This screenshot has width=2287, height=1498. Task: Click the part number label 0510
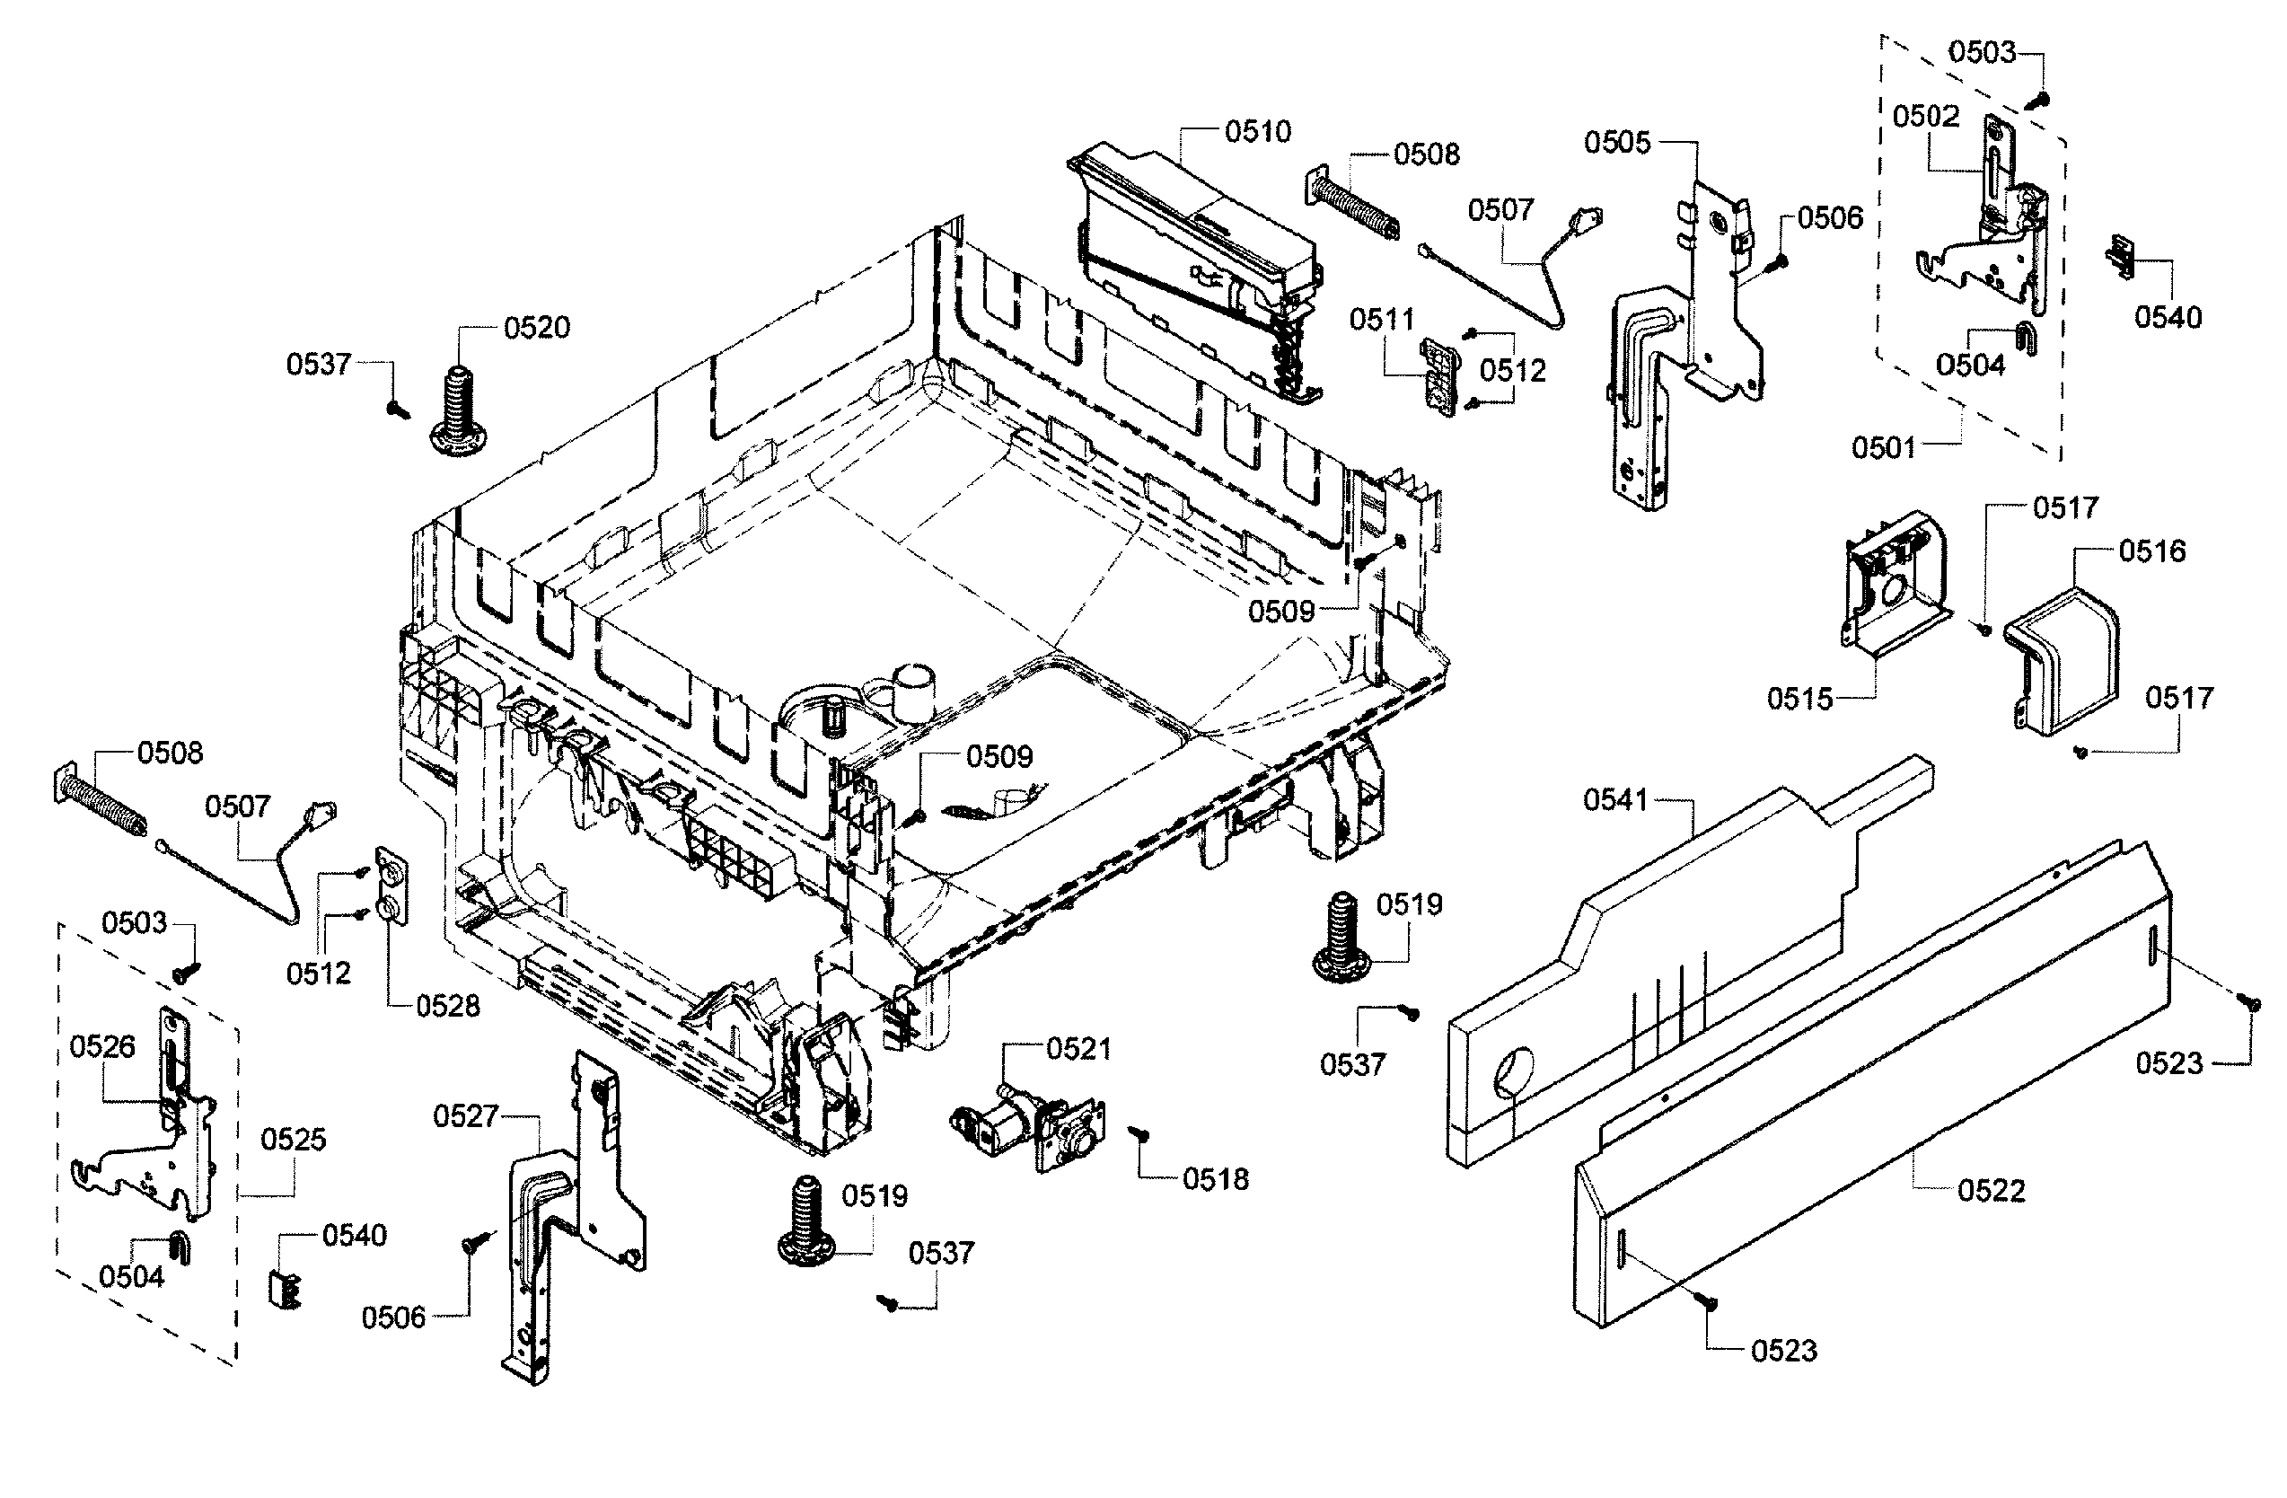coord(1257,132)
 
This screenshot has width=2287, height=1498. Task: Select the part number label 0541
coord(1615,799)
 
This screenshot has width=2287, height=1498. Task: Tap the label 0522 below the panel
coord(1991,1191)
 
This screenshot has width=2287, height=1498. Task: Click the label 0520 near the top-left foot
coord(536,328)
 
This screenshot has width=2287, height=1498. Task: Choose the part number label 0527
coord(465,1115)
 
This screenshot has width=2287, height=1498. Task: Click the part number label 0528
coord(448,1006)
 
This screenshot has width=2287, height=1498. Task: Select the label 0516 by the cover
coord(2151,551)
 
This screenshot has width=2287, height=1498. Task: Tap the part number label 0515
coord(1799,699)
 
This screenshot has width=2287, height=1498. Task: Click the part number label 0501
coord(1884,447)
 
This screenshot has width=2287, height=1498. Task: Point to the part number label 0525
coord(293,1139)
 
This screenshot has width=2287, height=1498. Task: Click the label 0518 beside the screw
coord(1216,1179)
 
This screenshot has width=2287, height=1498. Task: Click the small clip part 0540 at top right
coord(2122,257)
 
